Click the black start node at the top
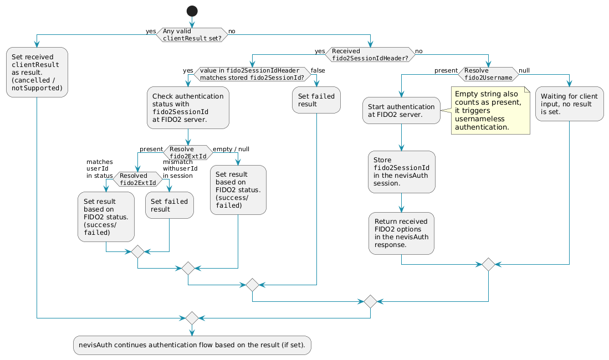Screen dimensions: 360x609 (x=191, y=11)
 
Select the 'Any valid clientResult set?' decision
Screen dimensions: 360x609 (x=192, y=35)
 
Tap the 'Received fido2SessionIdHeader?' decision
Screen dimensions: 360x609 (x=370, y=54)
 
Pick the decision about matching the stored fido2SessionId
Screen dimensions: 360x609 (x=252, y=74)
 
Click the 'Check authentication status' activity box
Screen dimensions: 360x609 (x=188, y=107)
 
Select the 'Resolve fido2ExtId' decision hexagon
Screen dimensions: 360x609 (x=188, y=152)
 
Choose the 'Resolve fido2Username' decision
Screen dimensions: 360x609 (x=488, y=74)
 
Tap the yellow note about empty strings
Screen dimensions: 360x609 (x=490, y=111)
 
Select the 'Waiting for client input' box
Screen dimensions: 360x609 (x=569, y=104)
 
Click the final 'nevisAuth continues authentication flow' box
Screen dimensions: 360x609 (x=192, y=345)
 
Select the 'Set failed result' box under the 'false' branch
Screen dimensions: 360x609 (x=316, y=100)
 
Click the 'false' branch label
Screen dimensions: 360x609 (x=319, y=70)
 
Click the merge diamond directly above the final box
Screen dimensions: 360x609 (x=192, y=318)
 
